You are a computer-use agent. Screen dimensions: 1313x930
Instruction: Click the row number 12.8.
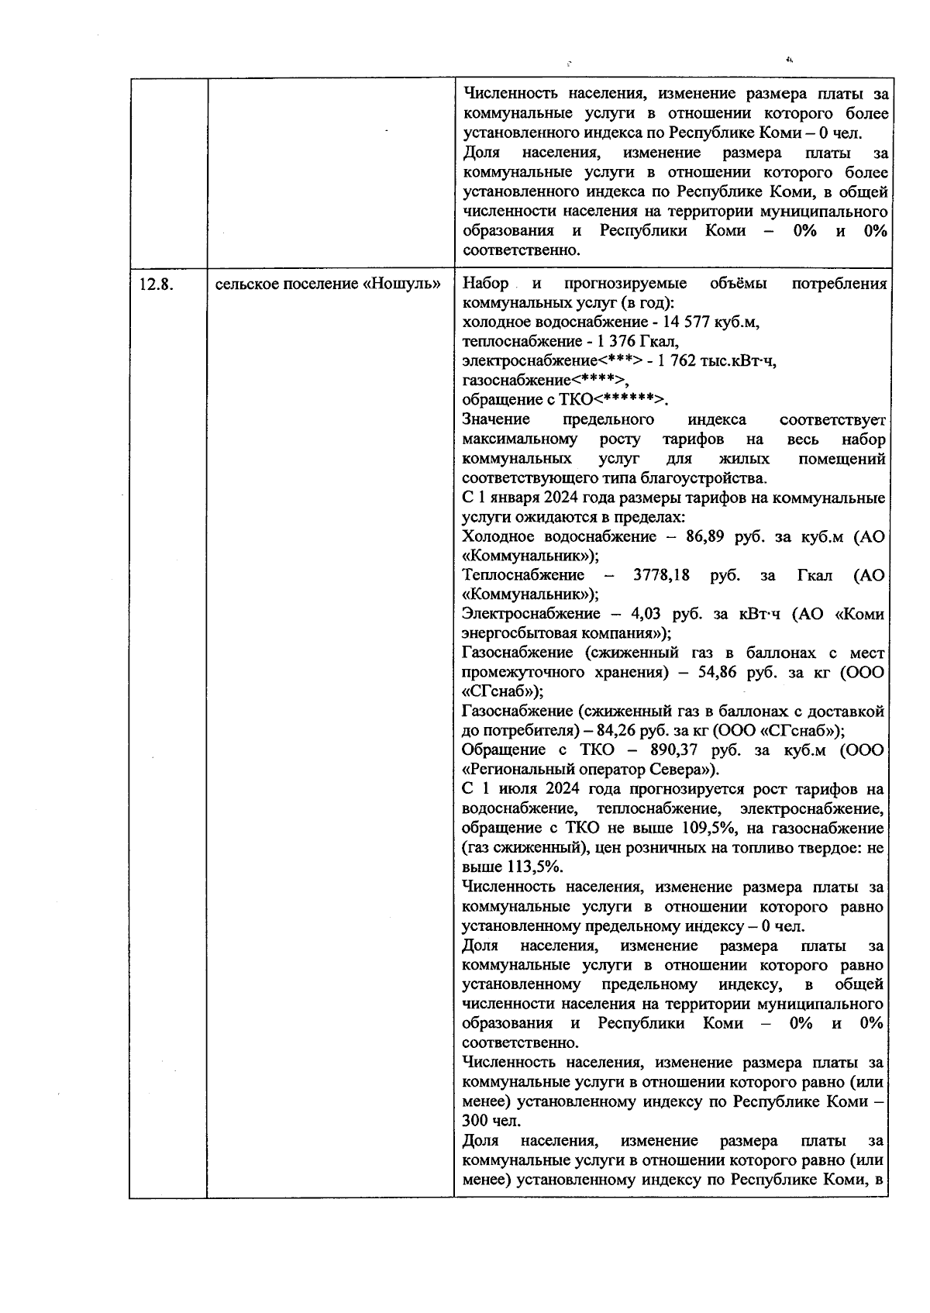156,284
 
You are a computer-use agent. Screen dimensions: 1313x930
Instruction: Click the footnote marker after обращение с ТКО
628,400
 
